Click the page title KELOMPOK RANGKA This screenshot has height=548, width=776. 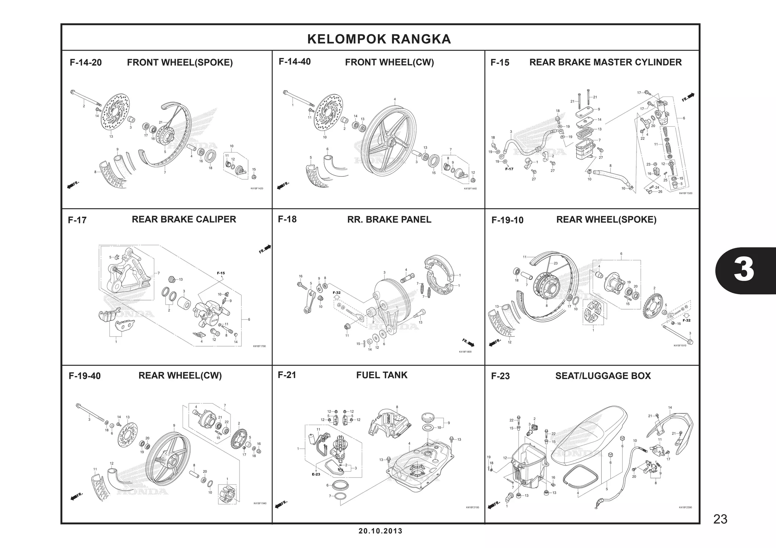coord(379,39)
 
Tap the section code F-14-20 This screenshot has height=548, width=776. coord(86,62)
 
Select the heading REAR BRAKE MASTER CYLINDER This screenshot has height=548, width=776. coord(605,62)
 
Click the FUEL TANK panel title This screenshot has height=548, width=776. coord(382,375)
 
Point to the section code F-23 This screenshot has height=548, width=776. coord(500,376)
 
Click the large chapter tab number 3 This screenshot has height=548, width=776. coord(744,271)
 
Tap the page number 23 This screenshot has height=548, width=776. coord(720,519)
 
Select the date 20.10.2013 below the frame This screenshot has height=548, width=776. coord(380,531)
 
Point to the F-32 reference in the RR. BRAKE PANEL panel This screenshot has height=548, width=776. coord(336,293)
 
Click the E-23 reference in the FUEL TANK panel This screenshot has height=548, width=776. coord(316,474)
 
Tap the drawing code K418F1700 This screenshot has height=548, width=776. coord(260,346)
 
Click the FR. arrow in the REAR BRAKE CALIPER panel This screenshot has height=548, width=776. coord(265,249)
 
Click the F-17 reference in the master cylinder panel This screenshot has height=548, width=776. coord(509,169)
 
